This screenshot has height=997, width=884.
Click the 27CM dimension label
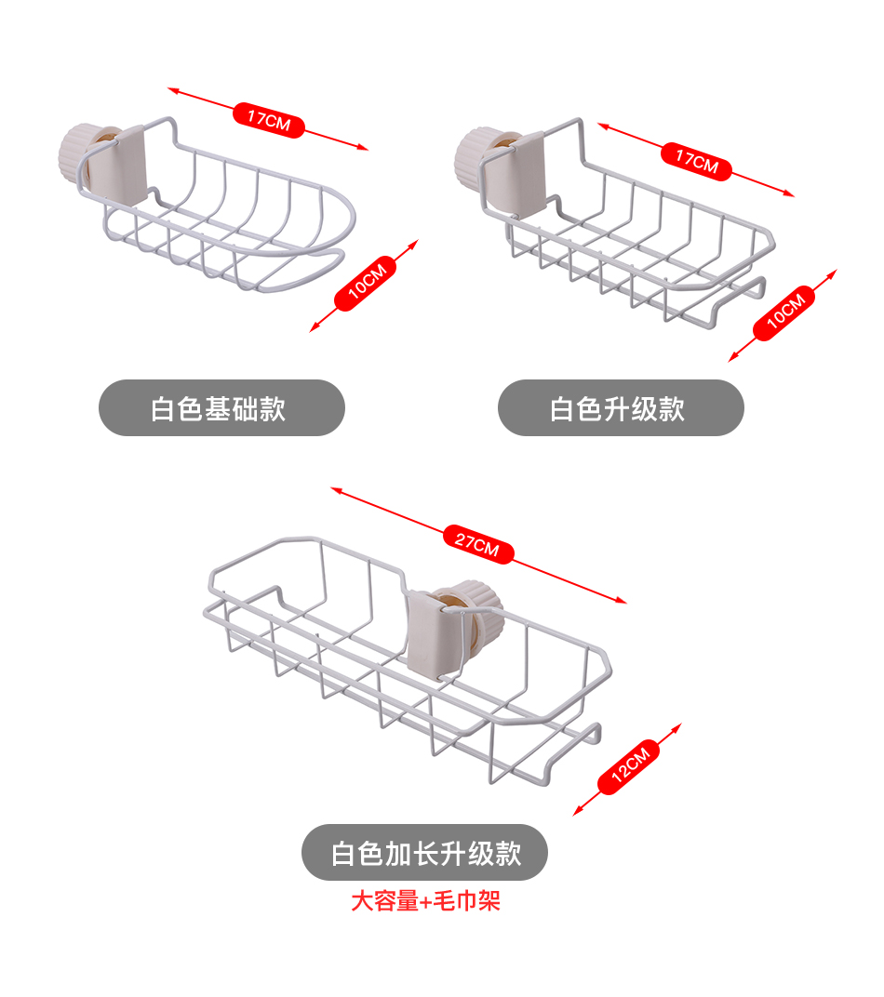click(477, 544)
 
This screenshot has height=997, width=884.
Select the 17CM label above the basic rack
click(269, 119)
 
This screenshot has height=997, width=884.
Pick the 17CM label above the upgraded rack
click(697, 161)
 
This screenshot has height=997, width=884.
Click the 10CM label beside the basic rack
click(366, 282)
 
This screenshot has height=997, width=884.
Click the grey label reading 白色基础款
click(221, 407)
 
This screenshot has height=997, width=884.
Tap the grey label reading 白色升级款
click(621, 407)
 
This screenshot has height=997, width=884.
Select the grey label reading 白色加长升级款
click(424, 852)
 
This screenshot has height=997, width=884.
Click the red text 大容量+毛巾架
click(424, 901)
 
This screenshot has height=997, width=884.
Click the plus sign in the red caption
click(426, 902)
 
